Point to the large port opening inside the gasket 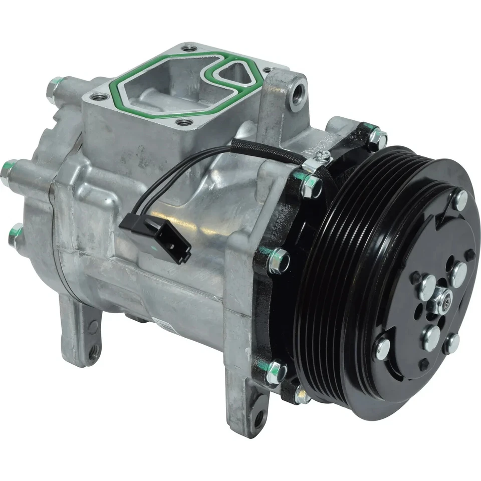pos(165,85)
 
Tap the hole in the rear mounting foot pos(93,353)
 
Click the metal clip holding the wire pos(318,161)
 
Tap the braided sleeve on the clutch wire pos(266,150)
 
